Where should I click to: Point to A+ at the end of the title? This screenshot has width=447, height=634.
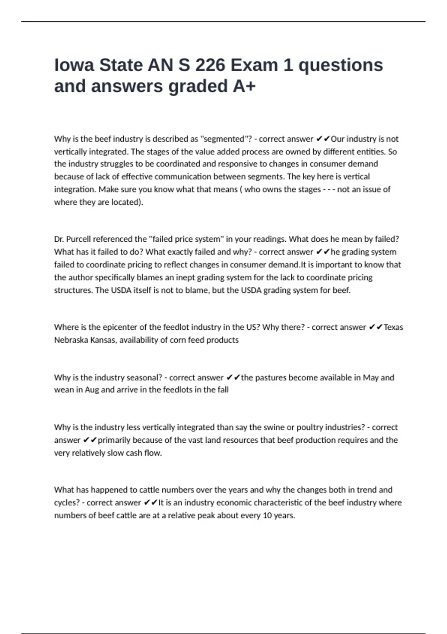coord(244,86)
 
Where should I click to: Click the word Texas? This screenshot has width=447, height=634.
coord(393,327)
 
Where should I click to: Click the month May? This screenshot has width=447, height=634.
coord(371,377)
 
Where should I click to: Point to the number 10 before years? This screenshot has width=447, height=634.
coord(267,516)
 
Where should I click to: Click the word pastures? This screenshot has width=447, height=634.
coord(270,377)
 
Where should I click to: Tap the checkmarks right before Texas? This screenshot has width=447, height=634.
coord(375,327)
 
